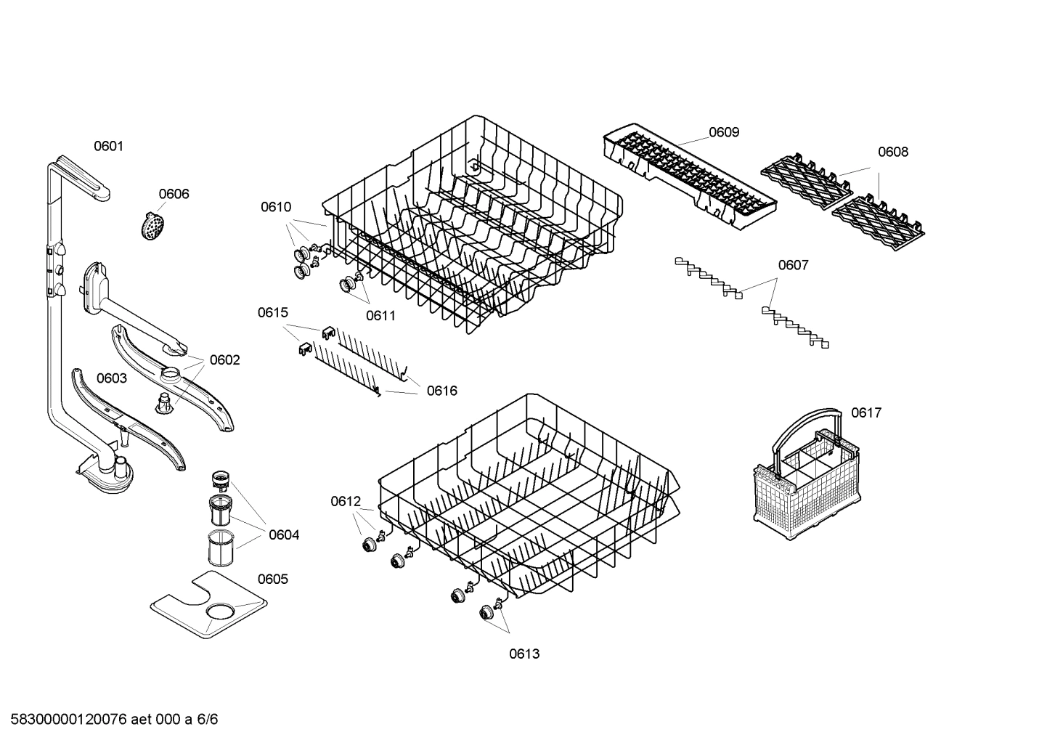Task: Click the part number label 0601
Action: tap(109, 147)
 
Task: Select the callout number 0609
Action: tap(724, 132)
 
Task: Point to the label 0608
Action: tap(892, 152)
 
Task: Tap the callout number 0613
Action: tap(523, 654)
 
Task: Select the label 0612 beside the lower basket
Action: tap(346, 501)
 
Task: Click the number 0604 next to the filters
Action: tap(284, 535)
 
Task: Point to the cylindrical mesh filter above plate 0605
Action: tap(219, 548)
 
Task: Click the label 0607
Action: tap(793, 265)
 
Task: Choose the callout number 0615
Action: tap(272, 313)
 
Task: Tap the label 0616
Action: tap(441, 391)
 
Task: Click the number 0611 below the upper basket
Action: tap(380, 315)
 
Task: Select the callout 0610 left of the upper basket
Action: tap(276, 207)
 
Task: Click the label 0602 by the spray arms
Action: tap(224, 360)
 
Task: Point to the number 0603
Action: tap(111, 378)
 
